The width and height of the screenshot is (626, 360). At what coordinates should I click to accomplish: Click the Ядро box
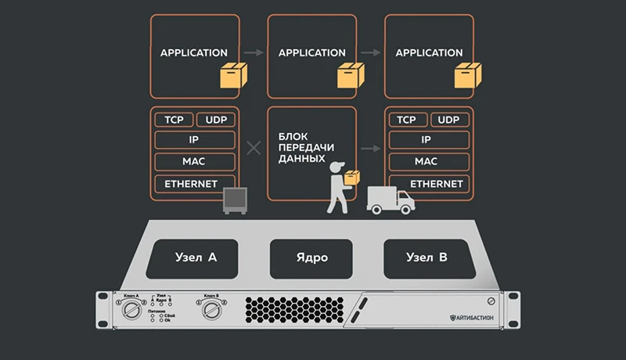click(312, 257)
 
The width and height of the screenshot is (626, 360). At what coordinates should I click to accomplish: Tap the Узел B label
click(428, 257)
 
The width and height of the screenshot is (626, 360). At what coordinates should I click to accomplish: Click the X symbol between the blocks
click(253, 147)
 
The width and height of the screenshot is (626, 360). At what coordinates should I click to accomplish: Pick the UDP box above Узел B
click(448, 120)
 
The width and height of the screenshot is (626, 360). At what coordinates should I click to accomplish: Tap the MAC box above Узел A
click(195, 162)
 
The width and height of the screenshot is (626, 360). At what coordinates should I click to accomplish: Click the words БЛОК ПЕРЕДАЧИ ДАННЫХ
click(301, 146)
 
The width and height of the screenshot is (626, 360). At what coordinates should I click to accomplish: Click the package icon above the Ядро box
click(349, 76)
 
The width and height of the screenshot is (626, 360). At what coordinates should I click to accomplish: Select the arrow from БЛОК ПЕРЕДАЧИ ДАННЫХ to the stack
click(370, 146)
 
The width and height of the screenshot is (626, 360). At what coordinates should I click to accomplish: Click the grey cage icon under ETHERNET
click(236, 201)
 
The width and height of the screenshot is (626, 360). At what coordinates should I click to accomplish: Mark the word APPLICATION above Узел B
click(429, 53)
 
